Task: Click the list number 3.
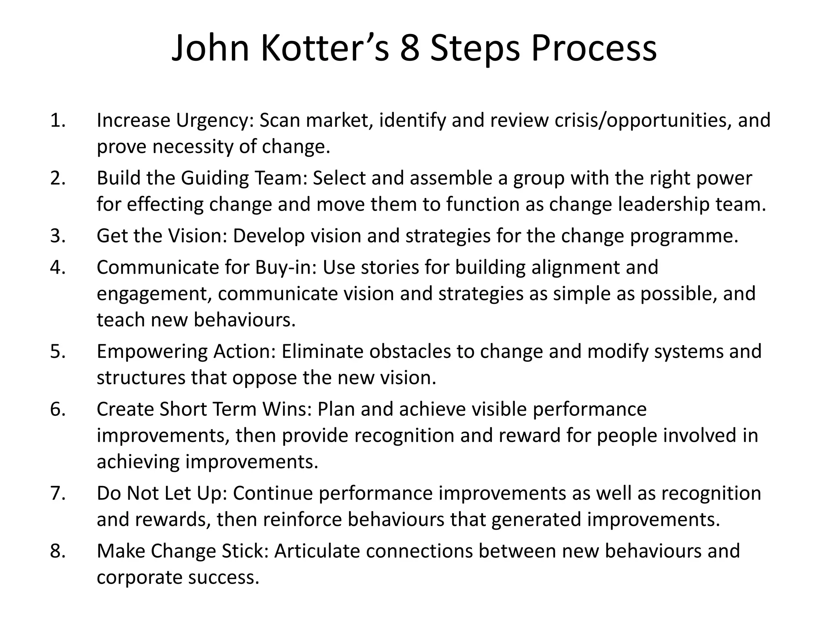tap(58, 236)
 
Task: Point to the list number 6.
tap(58, 409)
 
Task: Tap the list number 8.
tap(58, 551)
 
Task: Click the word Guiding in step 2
tap(215, 178)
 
